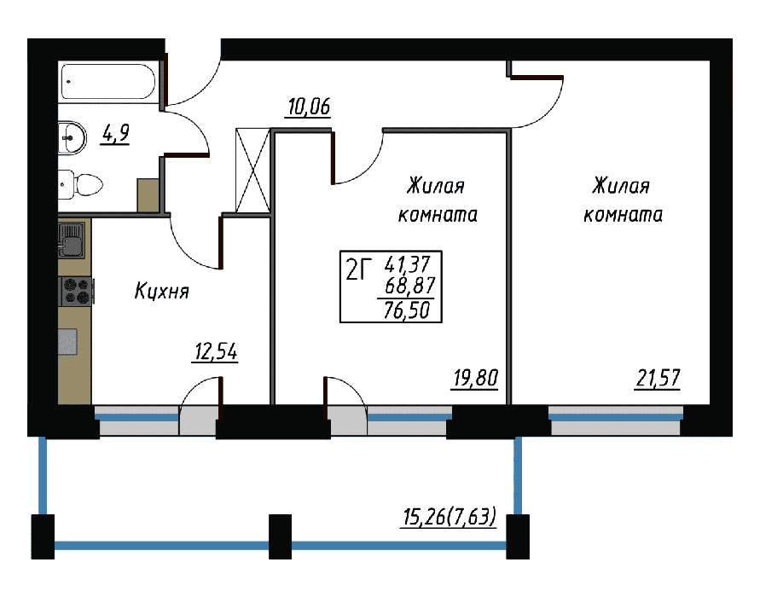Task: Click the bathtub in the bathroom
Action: [108, 82]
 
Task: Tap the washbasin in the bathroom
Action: [72, 137]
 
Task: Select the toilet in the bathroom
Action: [80, 184]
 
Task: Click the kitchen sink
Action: [72, 240]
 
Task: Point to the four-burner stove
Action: [76, 291]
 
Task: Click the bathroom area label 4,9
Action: [115, 133]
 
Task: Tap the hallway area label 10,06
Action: [309, 107]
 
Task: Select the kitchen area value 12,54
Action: [215, 351]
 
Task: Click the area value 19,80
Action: [475, 378]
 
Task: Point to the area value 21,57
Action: [658, 378]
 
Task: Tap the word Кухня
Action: [161, 292]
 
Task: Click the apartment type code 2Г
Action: [358, 270]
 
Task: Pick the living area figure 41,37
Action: [407, 264]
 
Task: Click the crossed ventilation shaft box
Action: [252, 170]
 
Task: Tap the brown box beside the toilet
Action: [148, 195]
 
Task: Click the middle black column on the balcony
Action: [280, 536]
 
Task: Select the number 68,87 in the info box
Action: [409, 286]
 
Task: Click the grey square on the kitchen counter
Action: [68, 342]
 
